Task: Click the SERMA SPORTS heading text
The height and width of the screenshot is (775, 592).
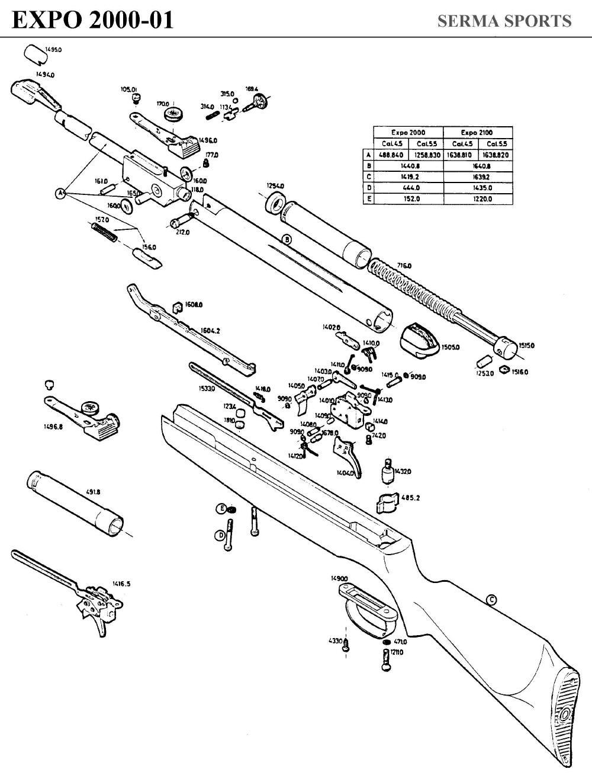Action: (x=504, y=21)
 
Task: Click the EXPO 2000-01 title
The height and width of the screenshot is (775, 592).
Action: (x=93, y=20)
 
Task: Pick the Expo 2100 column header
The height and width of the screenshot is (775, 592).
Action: (x=477, y=132)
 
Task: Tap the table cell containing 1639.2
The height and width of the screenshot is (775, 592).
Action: (x=477, y=177)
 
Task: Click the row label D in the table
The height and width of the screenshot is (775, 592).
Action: (x=368, y=188)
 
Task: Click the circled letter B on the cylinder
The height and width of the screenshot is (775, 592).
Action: (x=287, y=239)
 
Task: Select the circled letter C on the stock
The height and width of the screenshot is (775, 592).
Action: (x=491, y=600)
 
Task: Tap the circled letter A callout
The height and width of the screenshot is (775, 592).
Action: (x=60, y=193)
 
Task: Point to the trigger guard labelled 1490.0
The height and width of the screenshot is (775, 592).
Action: (x=367, y=607)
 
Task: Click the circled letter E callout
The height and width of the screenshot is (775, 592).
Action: (x=221, y=509)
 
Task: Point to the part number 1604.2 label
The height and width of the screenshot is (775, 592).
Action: (x=210, y=331)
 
